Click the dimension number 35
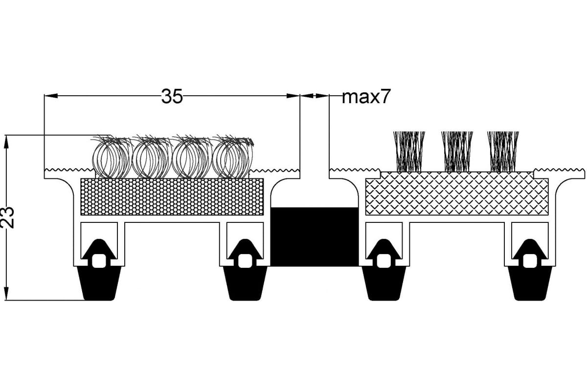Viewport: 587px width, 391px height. point(172,96)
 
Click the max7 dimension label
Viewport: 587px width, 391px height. point(366,96)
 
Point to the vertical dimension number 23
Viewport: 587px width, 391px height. point(7,217)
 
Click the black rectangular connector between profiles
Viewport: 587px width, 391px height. point(315,237)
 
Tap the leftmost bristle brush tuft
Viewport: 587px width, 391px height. point(409,152)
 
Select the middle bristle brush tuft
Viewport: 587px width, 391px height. point(457,152)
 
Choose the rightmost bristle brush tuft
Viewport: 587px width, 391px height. point(503,152)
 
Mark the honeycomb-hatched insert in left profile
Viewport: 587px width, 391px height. point(172,196)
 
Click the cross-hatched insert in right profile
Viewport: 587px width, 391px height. point(457,194)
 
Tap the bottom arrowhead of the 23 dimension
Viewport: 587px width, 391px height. point(6,294)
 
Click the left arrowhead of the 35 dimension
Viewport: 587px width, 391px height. point(51,96)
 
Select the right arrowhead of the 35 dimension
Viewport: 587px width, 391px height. point(293,96)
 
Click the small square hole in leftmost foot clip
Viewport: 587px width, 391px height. point(99,261)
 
